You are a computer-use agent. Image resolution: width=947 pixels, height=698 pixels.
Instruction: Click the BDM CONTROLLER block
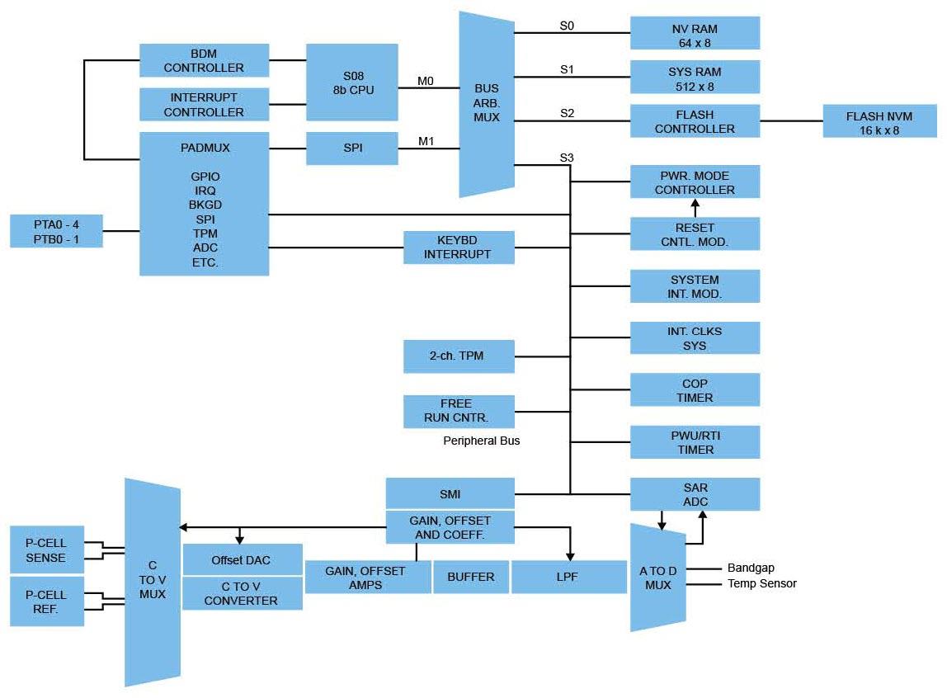point(204,60)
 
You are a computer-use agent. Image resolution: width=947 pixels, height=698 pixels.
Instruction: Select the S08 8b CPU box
point(351,82)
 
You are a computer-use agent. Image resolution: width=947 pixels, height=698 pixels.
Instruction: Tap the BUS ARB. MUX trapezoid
point(486,104)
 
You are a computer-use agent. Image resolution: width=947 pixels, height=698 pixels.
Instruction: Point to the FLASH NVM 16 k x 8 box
point(879,121)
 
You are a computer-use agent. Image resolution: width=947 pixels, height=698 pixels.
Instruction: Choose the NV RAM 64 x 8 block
point(695,32)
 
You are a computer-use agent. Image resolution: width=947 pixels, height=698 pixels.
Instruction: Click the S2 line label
point(567,113)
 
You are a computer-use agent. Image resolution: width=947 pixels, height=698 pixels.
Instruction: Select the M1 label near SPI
point(425,141)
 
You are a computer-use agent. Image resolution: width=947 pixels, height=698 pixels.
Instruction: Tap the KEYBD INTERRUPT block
point(458,247)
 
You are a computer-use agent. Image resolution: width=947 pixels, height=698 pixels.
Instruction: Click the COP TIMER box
point(695,390)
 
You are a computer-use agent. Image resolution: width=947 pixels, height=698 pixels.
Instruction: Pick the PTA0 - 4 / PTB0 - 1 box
point(56,231)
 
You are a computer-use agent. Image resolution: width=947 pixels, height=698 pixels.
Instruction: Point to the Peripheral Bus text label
point(482,441)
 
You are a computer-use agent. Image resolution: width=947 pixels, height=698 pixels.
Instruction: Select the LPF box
point(568,577)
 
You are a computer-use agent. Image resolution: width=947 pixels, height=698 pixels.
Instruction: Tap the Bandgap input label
point(750,568)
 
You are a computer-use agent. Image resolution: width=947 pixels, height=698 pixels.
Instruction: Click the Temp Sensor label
point(761,583)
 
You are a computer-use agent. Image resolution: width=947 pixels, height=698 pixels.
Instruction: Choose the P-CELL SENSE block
point(46,550)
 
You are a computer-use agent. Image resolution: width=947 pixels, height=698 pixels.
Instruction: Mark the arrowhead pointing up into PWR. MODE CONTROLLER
point(695,203)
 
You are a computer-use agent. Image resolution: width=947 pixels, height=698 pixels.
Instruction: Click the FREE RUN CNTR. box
point(458,411)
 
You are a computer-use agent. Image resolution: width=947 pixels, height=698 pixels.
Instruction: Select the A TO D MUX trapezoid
point(657,578)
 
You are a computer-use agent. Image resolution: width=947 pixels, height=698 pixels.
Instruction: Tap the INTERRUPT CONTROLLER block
point(204,105)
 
